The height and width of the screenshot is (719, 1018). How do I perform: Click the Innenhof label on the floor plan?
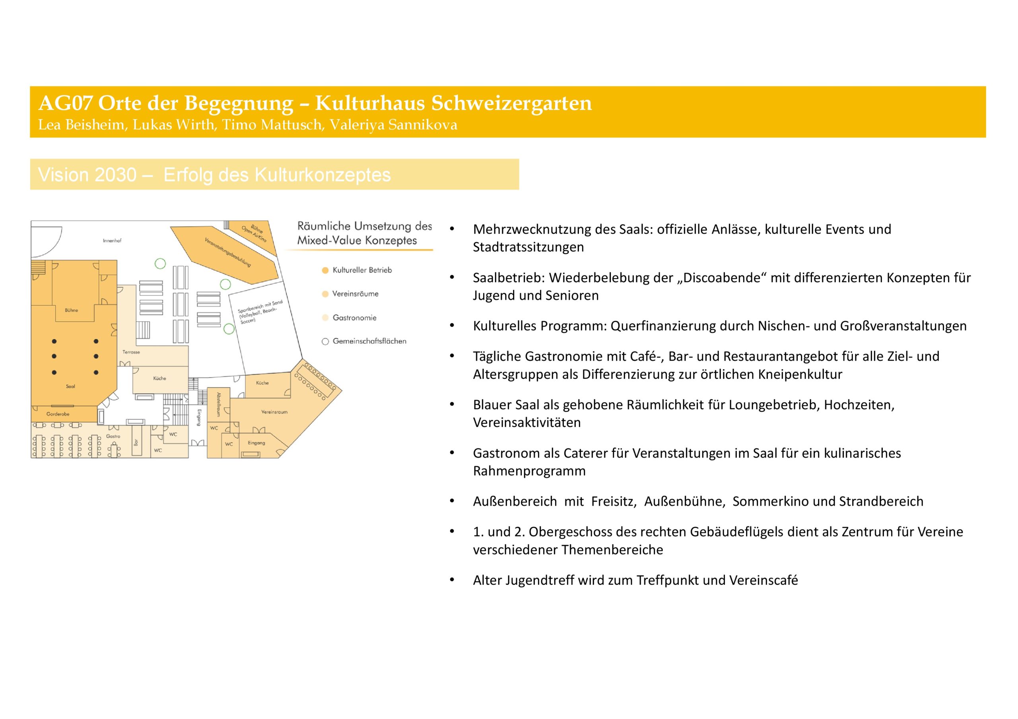coord(112,241)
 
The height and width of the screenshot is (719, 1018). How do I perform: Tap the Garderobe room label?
coord(58,414)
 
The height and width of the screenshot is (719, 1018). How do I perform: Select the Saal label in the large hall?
coord(70,387)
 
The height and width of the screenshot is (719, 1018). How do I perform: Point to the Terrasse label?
coord(131,352)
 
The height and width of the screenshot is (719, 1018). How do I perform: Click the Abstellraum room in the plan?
coord(219,404)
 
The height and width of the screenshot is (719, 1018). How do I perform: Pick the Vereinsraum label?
coord(274,412)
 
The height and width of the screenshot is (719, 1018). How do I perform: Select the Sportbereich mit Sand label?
coord(259,311)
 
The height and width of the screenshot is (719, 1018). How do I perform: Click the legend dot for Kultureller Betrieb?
coord(325,270)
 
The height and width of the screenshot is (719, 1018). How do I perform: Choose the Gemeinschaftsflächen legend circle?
coord(325,341)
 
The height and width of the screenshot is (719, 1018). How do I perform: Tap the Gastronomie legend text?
coord(354,318)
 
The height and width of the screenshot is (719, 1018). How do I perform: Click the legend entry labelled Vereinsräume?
coord(355,294)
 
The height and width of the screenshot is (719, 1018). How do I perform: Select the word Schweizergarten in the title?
coord(511,103)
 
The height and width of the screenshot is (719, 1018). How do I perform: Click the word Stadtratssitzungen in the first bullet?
coord(528,247)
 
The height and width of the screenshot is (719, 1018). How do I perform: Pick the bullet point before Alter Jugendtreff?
coord(452,580)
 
